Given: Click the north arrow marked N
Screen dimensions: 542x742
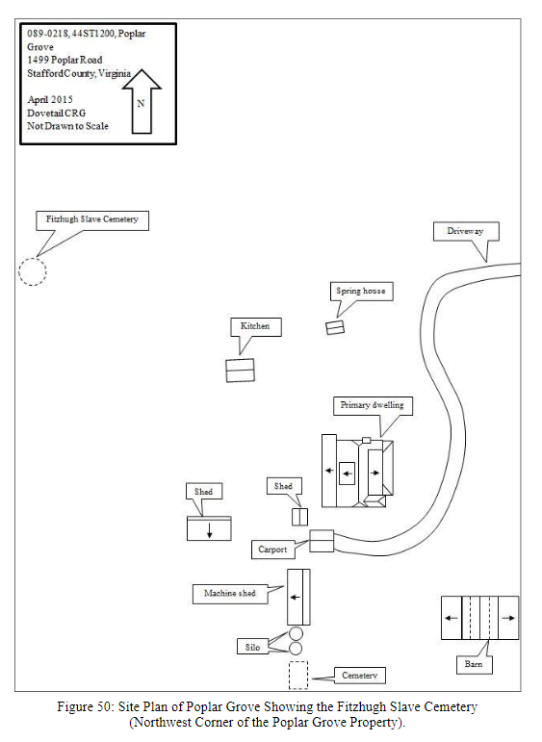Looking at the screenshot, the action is pos(142,102).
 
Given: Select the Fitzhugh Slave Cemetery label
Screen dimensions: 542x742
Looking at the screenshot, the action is pos(92,220).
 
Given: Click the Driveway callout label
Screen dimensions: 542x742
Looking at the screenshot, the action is pos(466,231).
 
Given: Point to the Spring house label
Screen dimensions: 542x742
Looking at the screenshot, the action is pos(361,291).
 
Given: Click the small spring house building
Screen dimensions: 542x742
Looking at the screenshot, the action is pos(335,327).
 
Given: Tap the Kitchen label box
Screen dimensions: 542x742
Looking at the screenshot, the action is pos(256,327).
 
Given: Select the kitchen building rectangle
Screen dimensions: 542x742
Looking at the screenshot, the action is pos(240,371).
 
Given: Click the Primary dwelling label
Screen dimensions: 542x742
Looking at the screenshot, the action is pos(373,406).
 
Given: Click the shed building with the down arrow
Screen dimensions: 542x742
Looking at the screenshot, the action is pos(209,528).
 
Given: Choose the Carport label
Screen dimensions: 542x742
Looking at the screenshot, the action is pos(272,550).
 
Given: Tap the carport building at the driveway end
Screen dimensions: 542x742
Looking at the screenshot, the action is pos(322,541).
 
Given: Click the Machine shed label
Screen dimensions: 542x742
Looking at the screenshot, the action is pos(230,594).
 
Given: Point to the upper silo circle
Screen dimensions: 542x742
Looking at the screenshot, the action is pos(296,633).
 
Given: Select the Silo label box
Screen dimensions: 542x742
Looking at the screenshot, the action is pos(253,647).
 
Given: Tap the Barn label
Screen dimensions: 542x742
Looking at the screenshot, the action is pos(475,664).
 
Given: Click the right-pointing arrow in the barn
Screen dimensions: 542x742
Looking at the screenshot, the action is pos(508,618).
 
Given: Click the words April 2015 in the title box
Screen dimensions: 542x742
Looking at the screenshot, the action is pos(50,100).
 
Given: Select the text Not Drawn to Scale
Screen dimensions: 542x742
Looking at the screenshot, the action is pos(67,126).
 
